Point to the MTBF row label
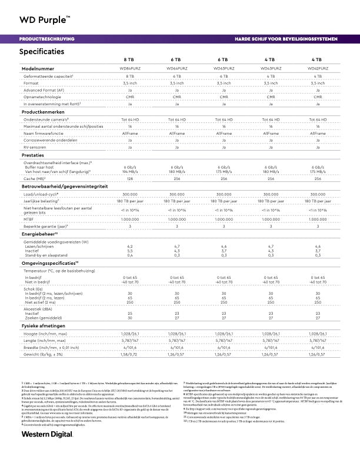[29, 218]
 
